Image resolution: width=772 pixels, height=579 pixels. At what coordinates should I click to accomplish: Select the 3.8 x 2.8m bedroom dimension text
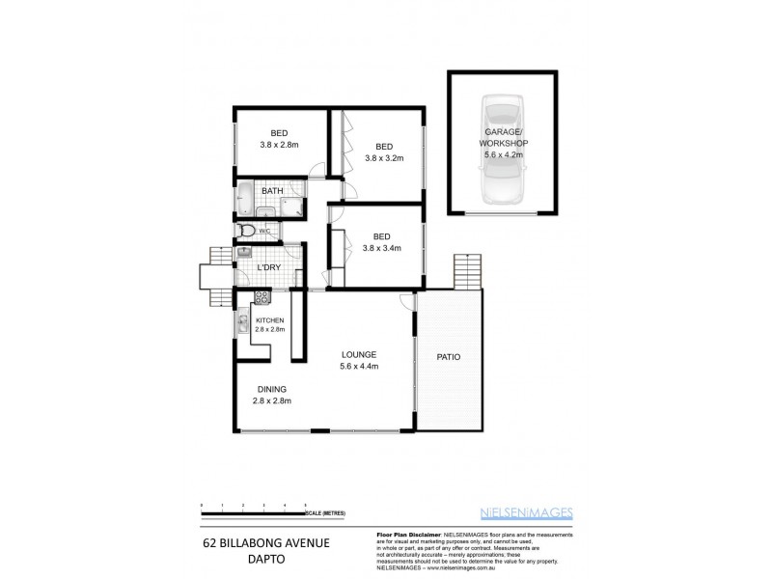[x=279, y=145]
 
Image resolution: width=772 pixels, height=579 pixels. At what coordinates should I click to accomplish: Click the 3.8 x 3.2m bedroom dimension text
[x=383, y=157]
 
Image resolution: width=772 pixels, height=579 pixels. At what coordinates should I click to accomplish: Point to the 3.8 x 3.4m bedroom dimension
[x=383, y=248]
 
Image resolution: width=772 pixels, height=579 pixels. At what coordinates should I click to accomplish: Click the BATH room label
[x=271, y=191]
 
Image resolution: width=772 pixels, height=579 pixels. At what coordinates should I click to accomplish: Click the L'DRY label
[x=269, y=266]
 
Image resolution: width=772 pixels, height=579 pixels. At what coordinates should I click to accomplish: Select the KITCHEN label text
[x=269, y=319]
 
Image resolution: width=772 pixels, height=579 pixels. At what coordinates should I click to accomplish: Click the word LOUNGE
[x=357, y=354]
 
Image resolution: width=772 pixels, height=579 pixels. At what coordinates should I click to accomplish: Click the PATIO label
[x=448, y=357]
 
